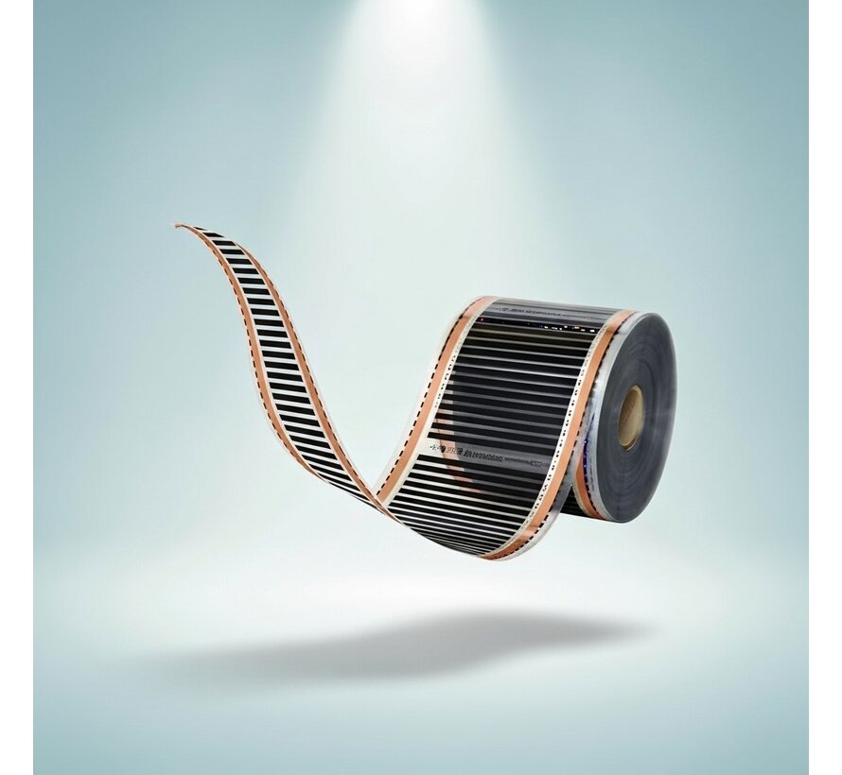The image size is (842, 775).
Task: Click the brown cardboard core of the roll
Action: (x=630, y=417)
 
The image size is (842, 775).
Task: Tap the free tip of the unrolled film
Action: (x=180, y=226)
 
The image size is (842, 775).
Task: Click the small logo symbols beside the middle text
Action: (x=436, y=442)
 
